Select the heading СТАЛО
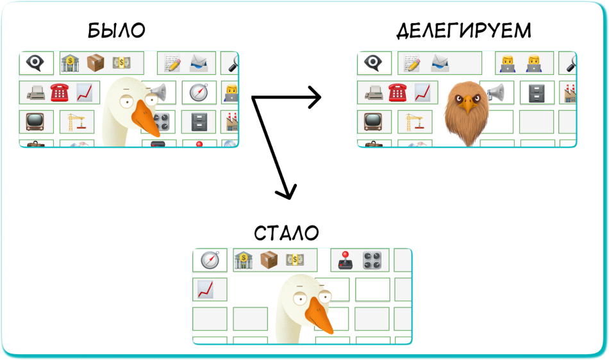[x=286, y=232]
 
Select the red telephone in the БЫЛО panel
[x=60, y=93]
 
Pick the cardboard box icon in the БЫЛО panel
[x=96, y=63]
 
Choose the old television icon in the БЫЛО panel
[x=35, y=121]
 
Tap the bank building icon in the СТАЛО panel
[x=244, y=260]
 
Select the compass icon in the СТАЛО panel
[x=210, y=260]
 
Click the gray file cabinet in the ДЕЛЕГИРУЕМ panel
[x=537, y=94]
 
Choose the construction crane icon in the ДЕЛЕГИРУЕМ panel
[x=414, y=122]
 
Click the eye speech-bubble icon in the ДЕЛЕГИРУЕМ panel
[x=373, y=63]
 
